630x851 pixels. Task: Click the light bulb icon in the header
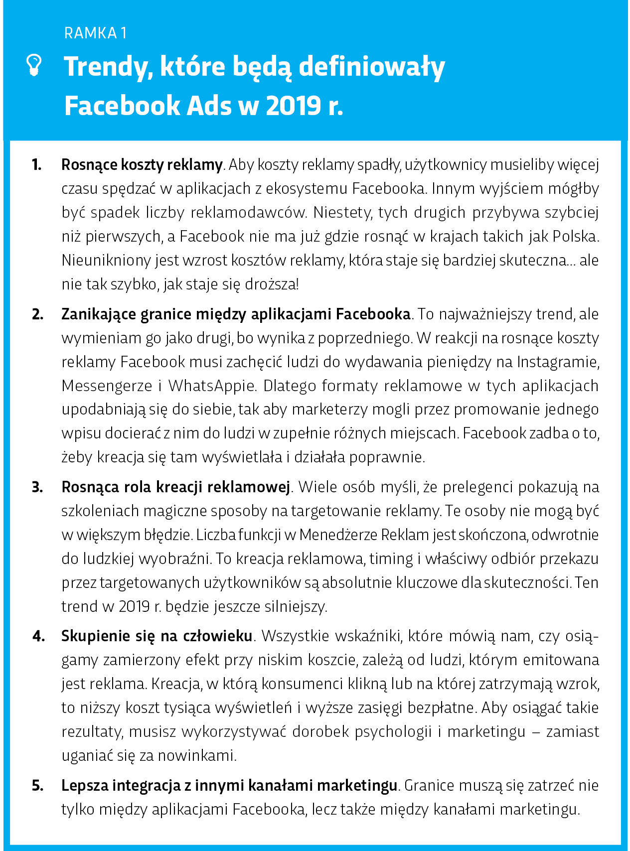[x=34, y=65]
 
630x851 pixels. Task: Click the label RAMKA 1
[x=95, y=33]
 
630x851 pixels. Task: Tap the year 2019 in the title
[x=294, y=106]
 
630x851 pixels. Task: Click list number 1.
[x=37, y=164]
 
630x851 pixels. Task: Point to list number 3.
[x=37, y=487]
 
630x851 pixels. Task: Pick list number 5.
[x=37, y=786]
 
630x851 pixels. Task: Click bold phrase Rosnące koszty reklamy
[x=142, y=164]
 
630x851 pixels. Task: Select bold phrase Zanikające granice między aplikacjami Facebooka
[x=235, y=314]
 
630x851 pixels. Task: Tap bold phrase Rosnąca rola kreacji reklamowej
[x=175, y=487]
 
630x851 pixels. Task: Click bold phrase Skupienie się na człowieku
[x=157, y=636]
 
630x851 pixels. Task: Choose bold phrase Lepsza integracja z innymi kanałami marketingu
[x=229, y=786]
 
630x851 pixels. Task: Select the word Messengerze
[x=107, y=386]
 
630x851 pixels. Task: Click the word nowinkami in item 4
[x=197, y=756]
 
